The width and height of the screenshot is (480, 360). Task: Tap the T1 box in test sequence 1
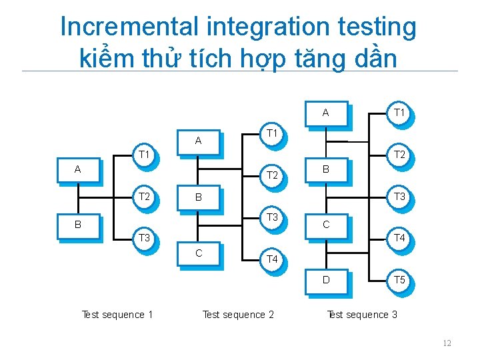tap(143, 155)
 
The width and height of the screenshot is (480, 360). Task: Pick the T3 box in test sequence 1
tap(143, 237)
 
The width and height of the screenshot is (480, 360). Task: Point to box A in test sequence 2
tap(198, 141)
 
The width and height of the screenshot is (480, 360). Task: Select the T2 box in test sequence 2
tap(272, 175)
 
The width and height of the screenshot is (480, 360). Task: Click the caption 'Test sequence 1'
tap(117, 315)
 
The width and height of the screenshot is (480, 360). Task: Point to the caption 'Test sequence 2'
tap(238, 315)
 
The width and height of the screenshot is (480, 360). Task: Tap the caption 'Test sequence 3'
tap(362, 315)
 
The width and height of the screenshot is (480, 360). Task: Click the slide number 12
tap(447, 343)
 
